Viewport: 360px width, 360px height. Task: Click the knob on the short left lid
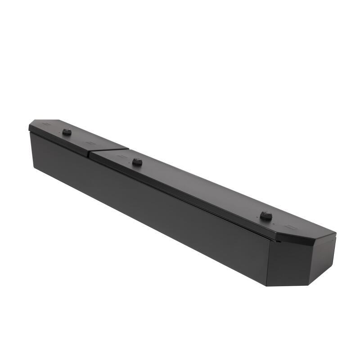67,132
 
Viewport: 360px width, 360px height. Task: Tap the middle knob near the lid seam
137,162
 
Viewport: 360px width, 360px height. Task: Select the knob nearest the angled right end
266,216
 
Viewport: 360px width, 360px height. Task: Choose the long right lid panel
202,189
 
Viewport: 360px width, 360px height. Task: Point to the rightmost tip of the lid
336,233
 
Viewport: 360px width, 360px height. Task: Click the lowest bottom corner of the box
266,285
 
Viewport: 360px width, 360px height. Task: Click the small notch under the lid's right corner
278,241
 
